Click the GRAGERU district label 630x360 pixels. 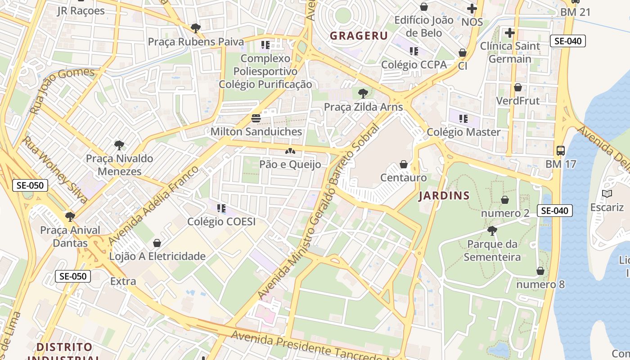pyautogui.click(x=359, y=36)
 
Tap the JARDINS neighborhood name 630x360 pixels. pyautogui.click(x=444, y=196)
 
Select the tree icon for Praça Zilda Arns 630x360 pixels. pyautogui.click(x=363, y=94)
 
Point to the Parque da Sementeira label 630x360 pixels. pyautogui.click(x=492, y=251)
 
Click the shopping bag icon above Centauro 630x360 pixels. pyautogui.click(x=404, y=164)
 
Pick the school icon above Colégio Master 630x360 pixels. pyautogui.click(x=463, y=119)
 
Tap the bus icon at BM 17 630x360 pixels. pyautogui.click(x=560, y=151)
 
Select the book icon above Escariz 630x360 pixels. pyautogui.click(x=607, y=194)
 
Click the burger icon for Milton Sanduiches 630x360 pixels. pyautogui.click(x=256, y=118)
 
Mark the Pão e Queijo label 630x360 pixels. pyautogui.click(x=290, y=165)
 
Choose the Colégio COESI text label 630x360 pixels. pyautogui.click(x=221, y=221)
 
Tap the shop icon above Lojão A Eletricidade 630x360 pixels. pyautogui.click(x=157, y=243)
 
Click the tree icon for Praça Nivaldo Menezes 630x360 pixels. pyautogui.click(x=119, y=145)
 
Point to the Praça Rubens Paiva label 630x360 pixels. pyautogui.click(x=196, y=42)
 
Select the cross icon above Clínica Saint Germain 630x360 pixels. pyautogui.click(x=509, y=33)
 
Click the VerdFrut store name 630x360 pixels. pyautogui.click(x=517, y=100)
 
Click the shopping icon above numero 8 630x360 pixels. pyautogui.click(x=540, y=271)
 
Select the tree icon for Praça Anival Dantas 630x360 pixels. pyautogui.click(x=70, y=217)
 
